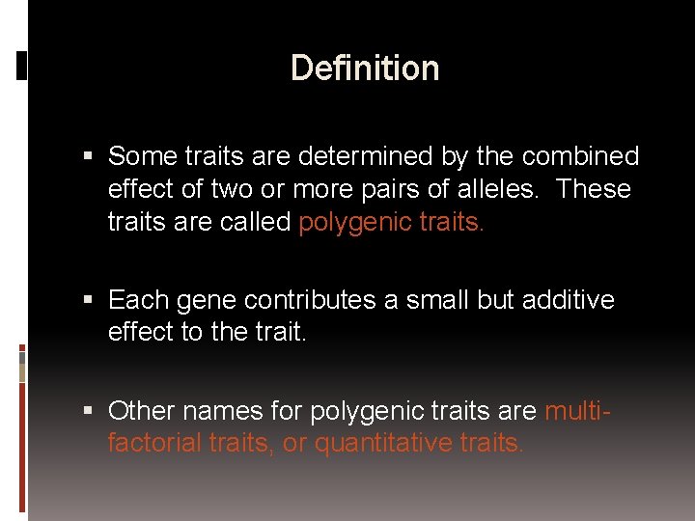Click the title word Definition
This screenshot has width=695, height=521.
coord(365,69)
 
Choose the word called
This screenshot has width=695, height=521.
coord(255,222)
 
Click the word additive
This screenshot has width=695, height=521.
coord(569,300)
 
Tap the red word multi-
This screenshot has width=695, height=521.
coord(577,411)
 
